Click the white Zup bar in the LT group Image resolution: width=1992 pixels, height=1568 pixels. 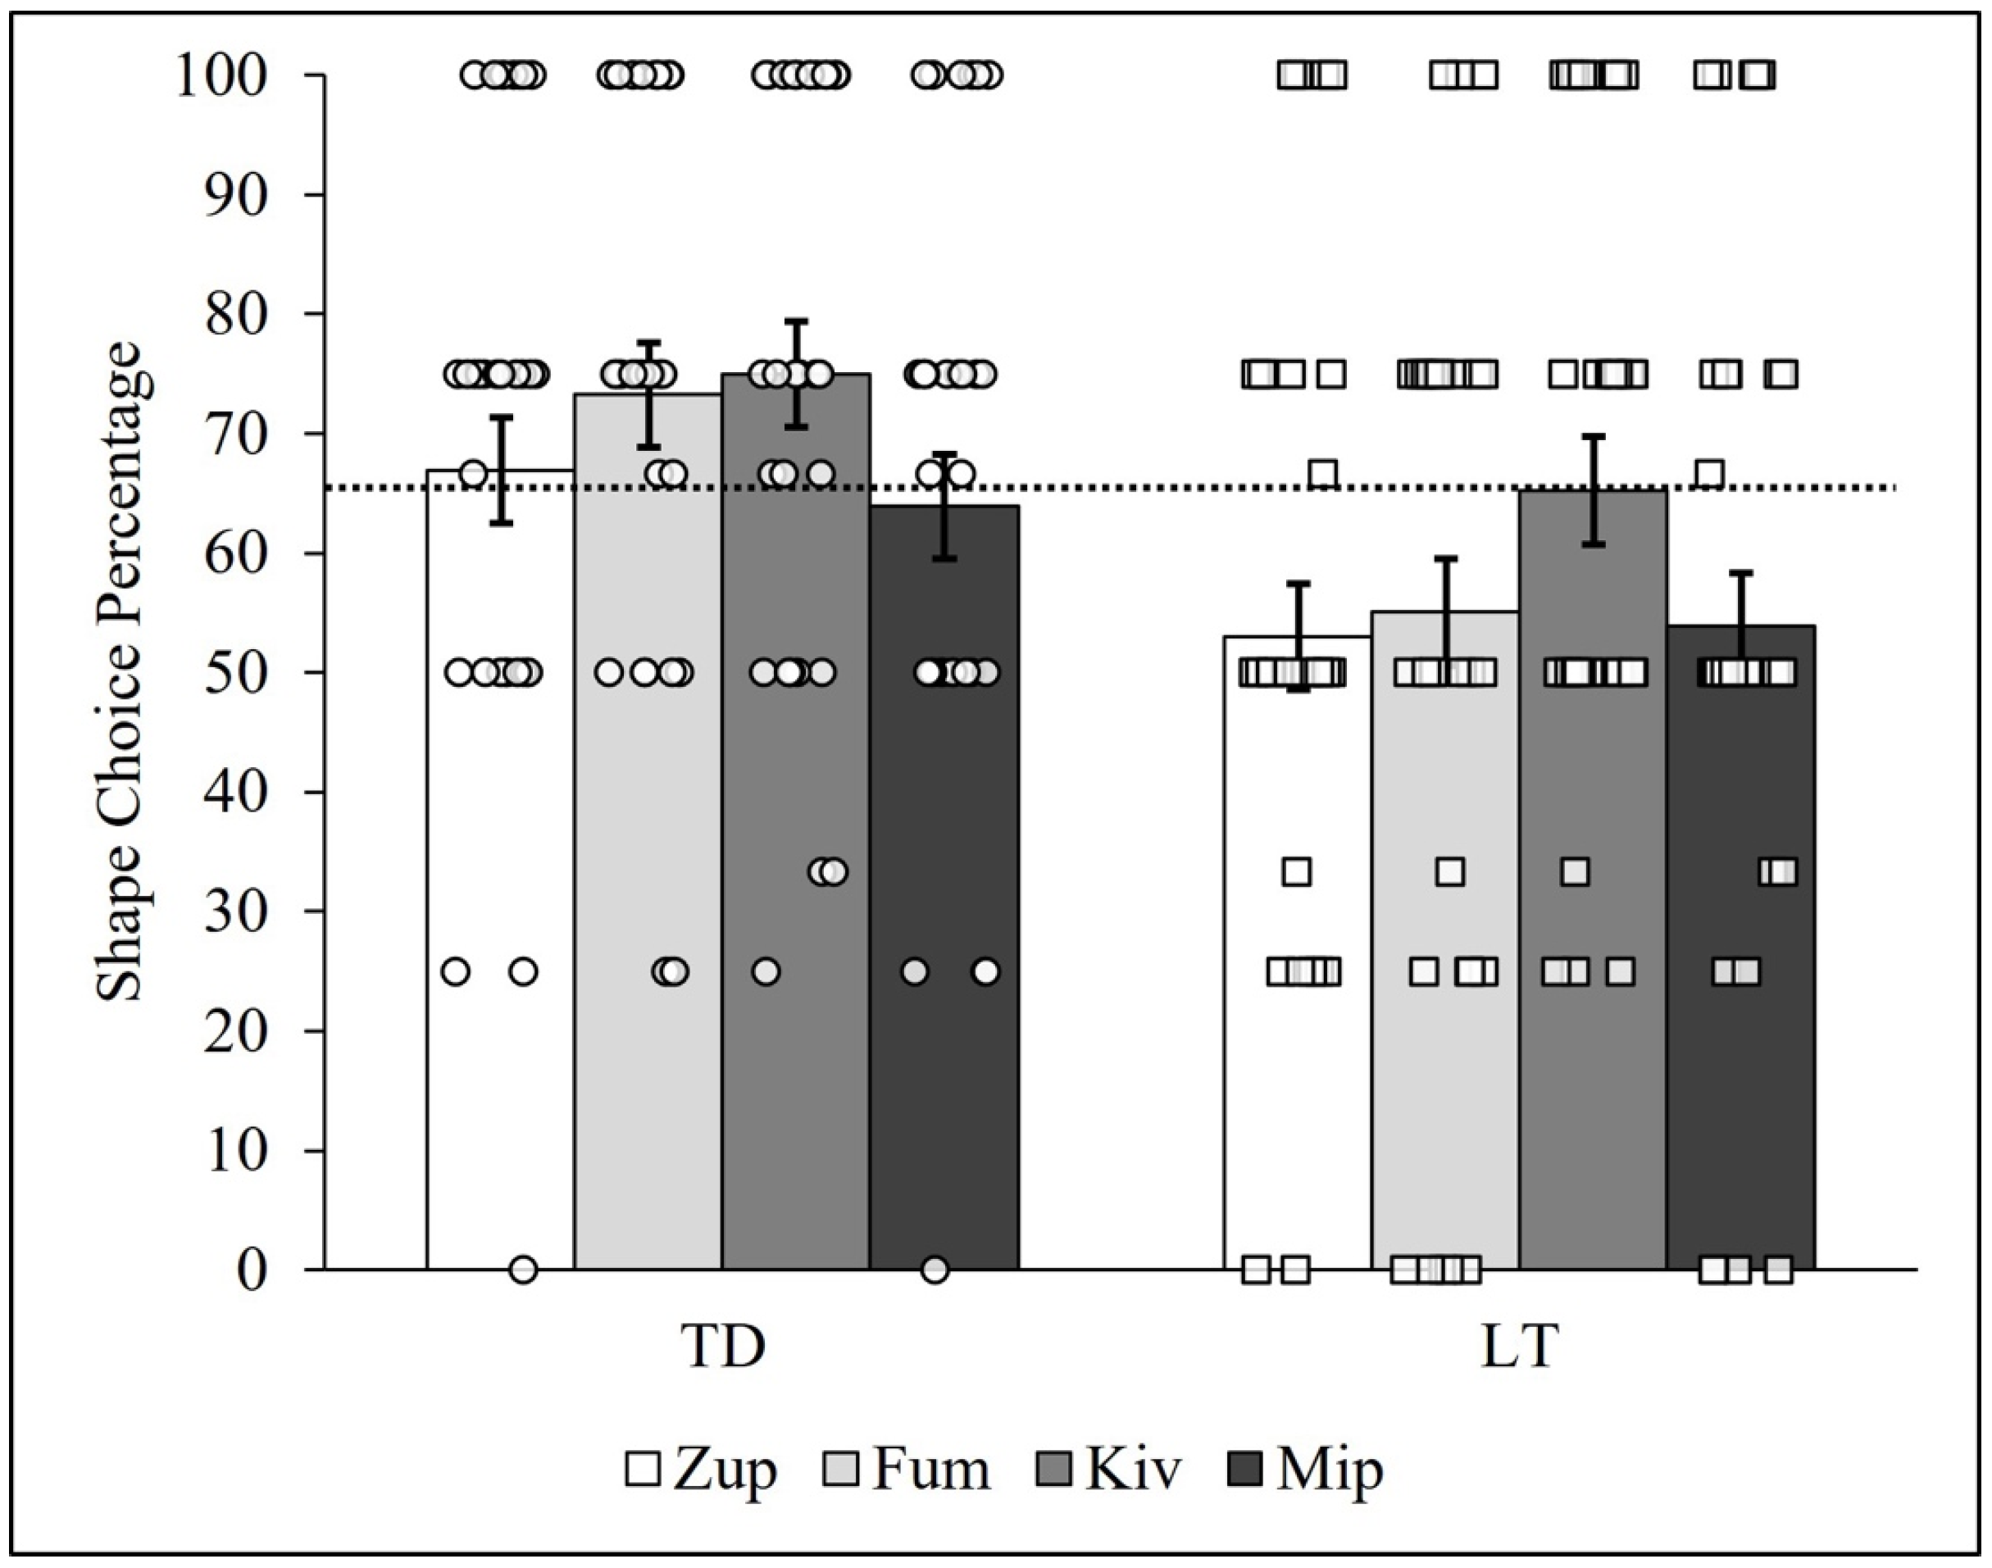point(1297,1102)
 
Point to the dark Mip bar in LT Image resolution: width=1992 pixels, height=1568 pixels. point(1741,1102)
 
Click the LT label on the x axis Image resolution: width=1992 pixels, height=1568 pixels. point(1520,1347)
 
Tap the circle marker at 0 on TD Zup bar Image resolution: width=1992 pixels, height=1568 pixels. point(523,1270)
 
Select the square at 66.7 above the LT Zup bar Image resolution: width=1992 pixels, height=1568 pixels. point(1323,475)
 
